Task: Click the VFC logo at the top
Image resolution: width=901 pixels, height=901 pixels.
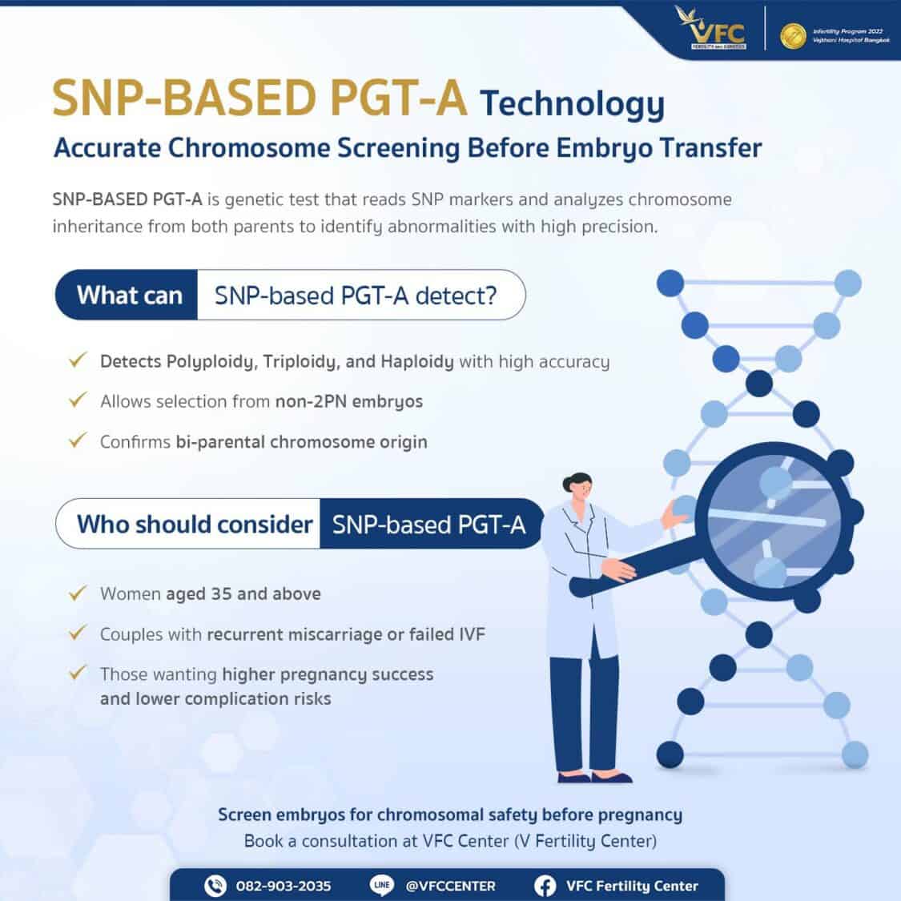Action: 710,30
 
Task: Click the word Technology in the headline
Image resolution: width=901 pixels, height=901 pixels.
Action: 572,103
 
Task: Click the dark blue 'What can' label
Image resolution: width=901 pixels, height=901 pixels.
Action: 129,296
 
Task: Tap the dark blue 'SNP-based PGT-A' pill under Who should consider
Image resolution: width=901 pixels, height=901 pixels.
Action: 429,525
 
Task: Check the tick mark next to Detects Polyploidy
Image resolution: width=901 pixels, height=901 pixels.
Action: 77,360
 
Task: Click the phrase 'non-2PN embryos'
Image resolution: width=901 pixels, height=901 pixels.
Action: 348,401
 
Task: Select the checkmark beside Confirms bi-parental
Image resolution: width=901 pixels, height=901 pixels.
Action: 77,440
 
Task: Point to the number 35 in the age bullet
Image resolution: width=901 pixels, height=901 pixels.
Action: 221,593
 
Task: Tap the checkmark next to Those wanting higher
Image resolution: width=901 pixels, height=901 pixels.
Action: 77,673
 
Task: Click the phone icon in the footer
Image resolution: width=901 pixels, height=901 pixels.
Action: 215,886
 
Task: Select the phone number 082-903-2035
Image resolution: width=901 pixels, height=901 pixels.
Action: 283,886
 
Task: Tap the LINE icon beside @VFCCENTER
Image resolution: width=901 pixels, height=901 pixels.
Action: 382,885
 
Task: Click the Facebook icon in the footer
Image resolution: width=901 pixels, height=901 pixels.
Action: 545,886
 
